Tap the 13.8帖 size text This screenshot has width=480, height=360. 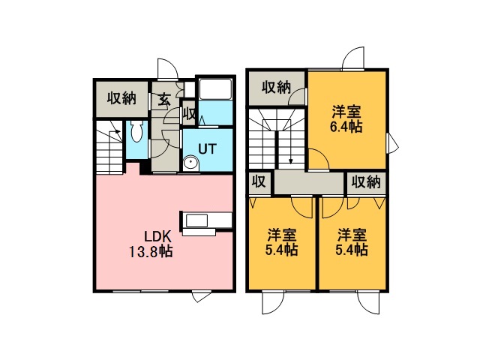click(148, 251)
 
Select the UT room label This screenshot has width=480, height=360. click(208, 148)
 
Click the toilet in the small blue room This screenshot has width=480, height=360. click(136, 133)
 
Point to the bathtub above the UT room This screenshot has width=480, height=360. click(214, 91)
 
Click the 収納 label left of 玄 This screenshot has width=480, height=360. click(120, 97)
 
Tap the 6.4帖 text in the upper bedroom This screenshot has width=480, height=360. click(347, 127)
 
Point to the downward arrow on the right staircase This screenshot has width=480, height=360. click(289, 160)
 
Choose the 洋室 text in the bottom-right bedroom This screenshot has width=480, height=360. click(351, 233)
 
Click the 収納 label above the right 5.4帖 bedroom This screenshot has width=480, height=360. click(366, 181)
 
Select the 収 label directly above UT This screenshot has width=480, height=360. click(188, 116)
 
